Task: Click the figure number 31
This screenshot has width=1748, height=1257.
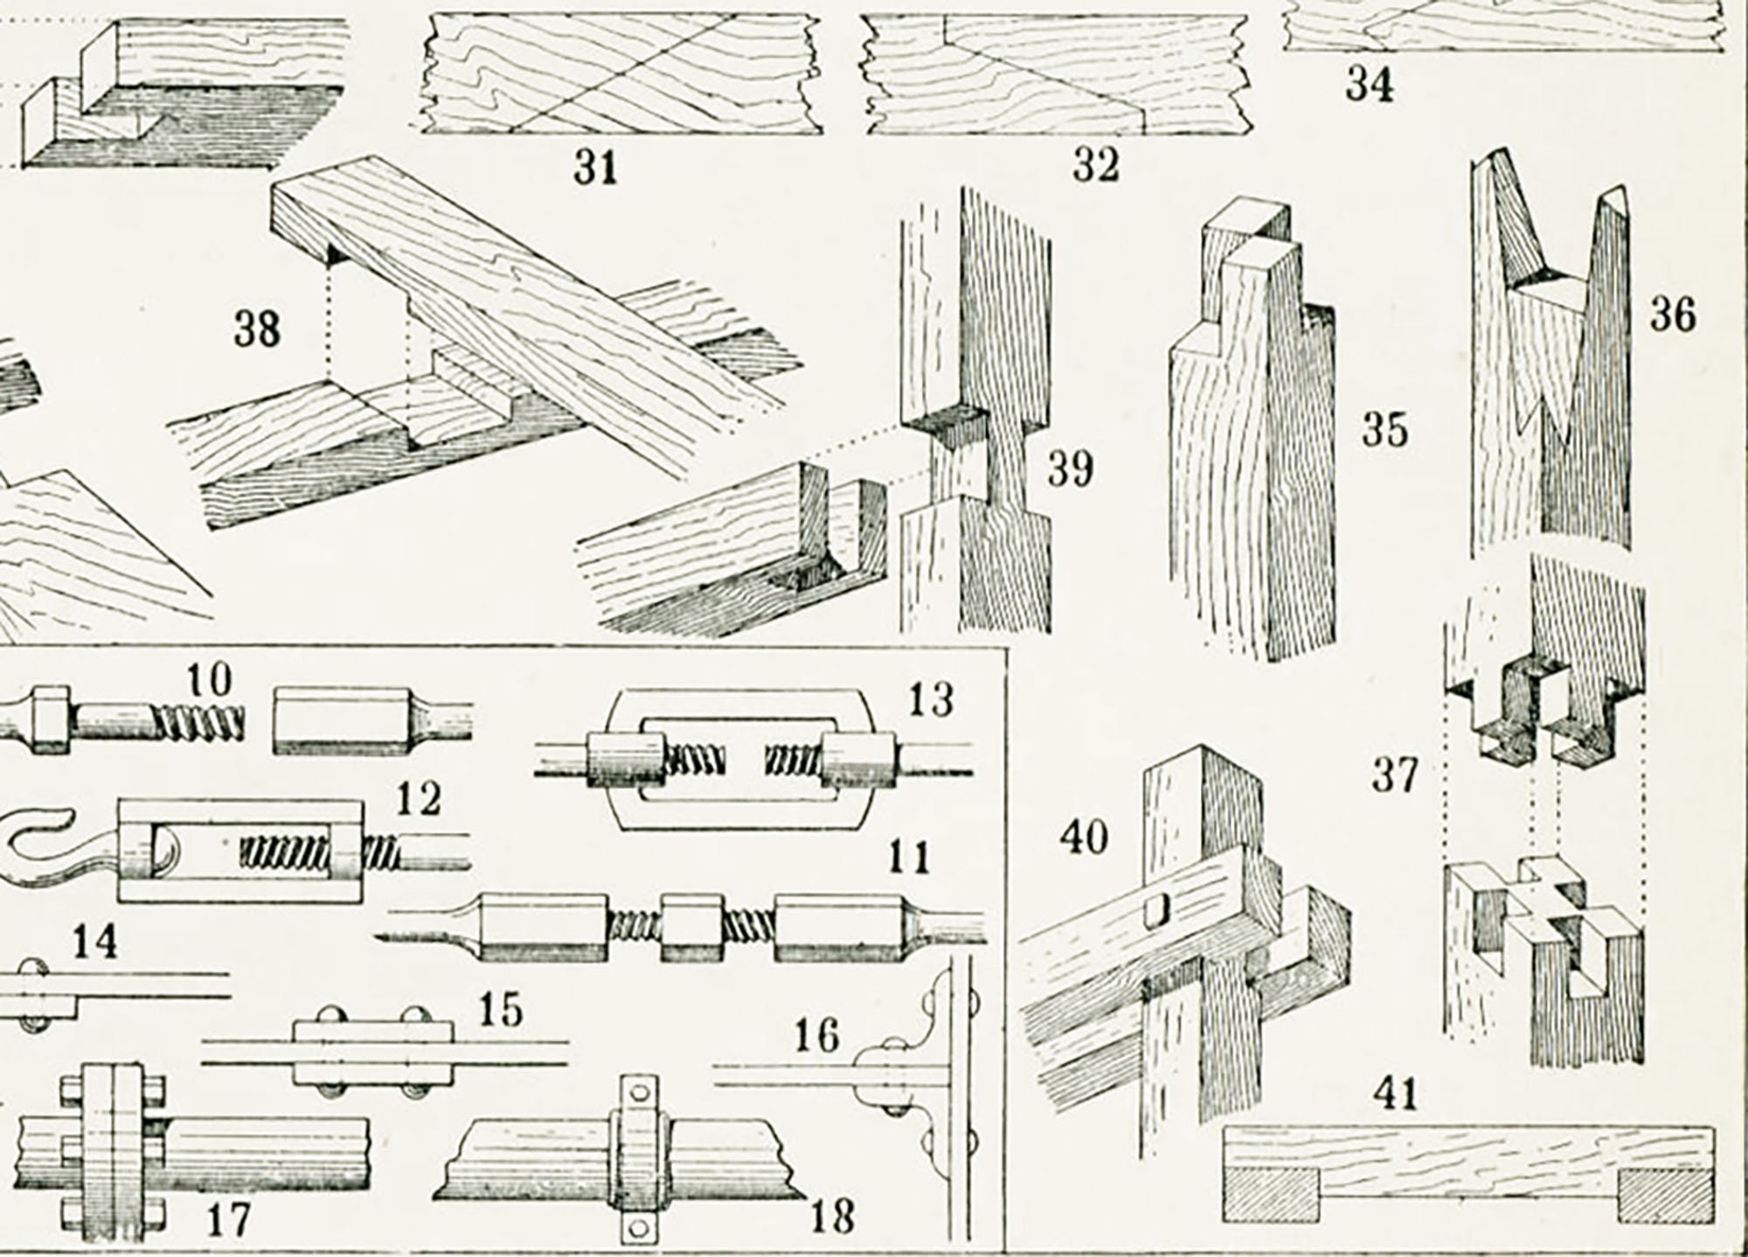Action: [x=596, y=167]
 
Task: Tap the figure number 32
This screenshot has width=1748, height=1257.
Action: [x=1095, y=164]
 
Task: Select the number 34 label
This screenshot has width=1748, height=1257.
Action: [x=1369, y=85]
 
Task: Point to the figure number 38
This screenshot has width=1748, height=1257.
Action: [x=257, y=330]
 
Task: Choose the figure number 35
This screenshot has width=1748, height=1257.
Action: [x=1384, y=430]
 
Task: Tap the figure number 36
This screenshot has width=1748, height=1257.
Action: [x=1672, y=314]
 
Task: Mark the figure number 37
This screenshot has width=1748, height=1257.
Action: [x=1394, y=774]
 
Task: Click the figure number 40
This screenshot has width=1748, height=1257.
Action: [x=1084, y=837]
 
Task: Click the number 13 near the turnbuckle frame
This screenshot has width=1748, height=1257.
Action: [x=932, y=700]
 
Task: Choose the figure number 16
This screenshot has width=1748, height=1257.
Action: [x=816, y=1037]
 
